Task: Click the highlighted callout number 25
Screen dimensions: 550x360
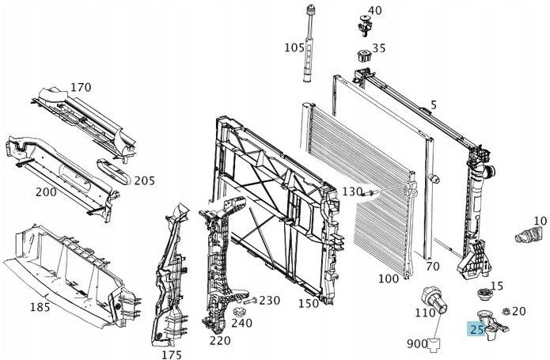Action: (476, 329)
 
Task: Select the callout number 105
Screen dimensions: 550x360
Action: (294, 47)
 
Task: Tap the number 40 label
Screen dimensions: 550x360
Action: (374, 10)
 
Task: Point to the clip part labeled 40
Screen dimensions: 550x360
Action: (364, 25)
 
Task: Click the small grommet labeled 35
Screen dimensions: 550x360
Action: (364, 56)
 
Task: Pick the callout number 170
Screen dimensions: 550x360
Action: (81, 87)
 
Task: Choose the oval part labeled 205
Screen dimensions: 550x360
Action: (114, 172)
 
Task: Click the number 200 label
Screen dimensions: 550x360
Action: (46, 192)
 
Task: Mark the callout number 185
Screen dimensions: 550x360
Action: (40, 307)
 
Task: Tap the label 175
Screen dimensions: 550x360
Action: (172, 354)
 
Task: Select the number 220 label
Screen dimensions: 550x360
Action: (220, 340)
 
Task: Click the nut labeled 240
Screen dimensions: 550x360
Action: (239, 311)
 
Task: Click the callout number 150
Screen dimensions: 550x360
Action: (309, 303)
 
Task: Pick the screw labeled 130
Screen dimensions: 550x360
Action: (370, 192)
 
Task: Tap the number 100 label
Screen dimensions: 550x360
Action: (389, 279)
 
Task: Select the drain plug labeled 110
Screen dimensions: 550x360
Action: (434, 301)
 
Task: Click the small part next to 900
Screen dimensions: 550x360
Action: (435, 345)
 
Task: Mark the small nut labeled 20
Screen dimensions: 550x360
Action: (506, 311)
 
